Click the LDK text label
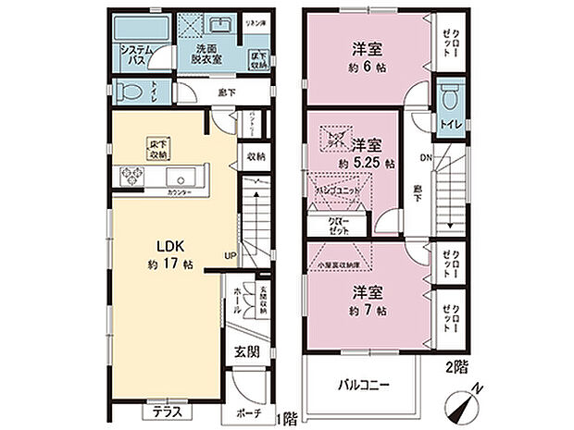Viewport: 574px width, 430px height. point(153,248)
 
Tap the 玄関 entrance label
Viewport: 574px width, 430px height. point(245,351)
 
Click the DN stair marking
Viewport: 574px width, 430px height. point(425,157)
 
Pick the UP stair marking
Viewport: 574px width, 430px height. point(228,256)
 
